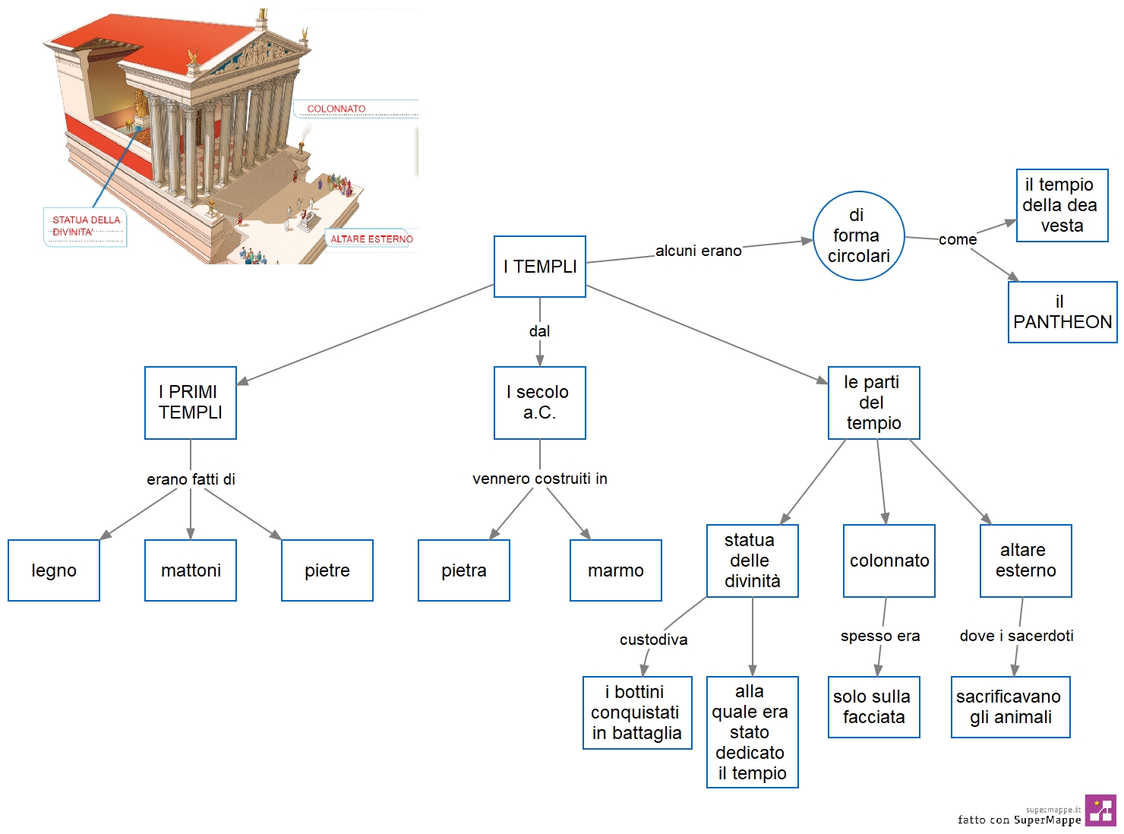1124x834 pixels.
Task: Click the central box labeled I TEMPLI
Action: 540,266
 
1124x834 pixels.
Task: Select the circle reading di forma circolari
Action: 858,235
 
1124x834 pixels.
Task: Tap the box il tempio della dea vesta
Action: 1062,205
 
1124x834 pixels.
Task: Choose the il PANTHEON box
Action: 1062,311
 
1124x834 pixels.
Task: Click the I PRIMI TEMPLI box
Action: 191,403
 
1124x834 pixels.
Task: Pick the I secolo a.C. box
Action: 540,403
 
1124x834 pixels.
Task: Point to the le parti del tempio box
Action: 873,403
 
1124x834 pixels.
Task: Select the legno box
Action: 54,570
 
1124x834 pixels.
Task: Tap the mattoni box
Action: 191,570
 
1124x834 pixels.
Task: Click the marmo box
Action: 616,570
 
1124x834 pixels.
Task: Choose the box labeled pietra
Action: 464,570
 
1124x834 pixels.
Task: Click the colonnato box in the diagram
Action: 889,561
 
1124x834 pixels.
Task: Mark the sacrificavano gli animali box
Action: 1011,706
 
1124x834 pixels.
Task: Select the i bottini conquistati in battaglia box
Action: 637,712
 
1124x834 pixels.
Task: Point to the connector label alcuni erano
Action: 698,251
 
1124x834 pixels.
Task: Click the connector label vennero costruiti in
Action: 540,479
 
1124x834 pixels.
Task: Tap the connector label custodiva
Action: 654,640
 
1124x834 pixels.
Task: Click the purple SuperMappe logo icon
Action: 1100,810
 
